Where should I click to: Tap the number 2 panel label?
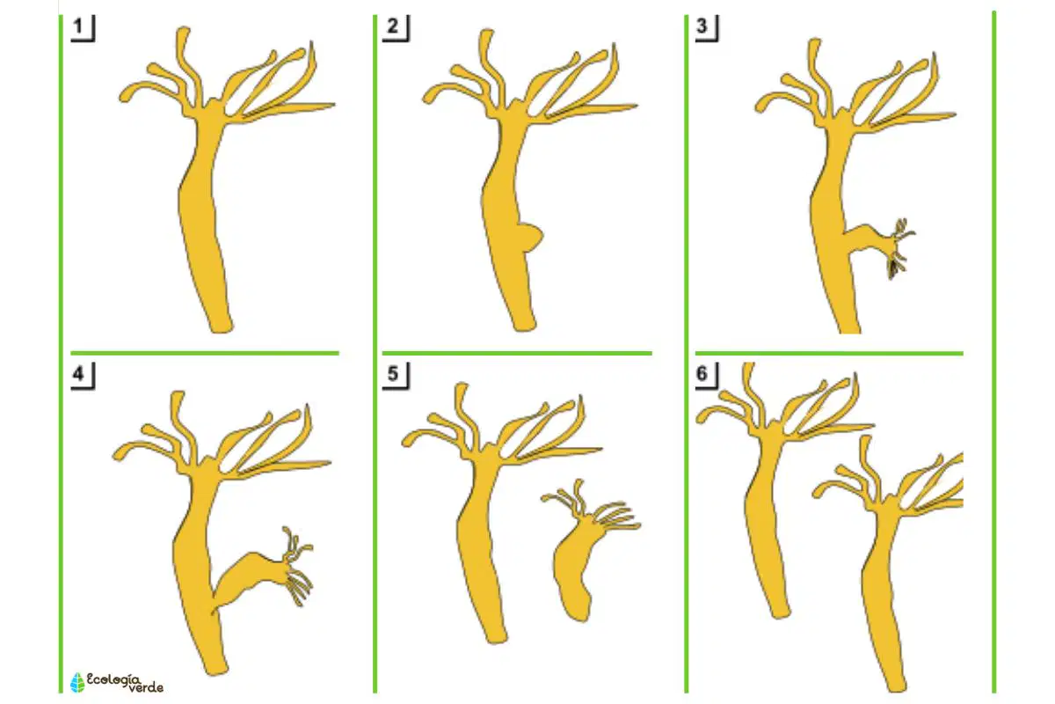[393, 26]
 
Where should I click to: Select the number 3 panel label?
[702, 26]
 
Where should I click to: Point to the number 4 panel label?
[78, 373]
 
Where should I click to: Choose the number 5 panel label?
[393, 373]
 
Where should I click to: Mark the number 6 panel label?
[702, 373]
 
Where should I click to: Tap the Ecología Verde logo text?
[125, 683]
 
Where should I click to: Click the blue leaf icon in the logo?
[77, 682]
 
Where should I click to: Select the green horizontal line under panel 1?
[205, 353]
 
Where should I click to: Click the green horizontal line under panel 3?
[829, 353]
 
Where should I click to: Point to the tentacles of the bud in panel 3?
[900, 248]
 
